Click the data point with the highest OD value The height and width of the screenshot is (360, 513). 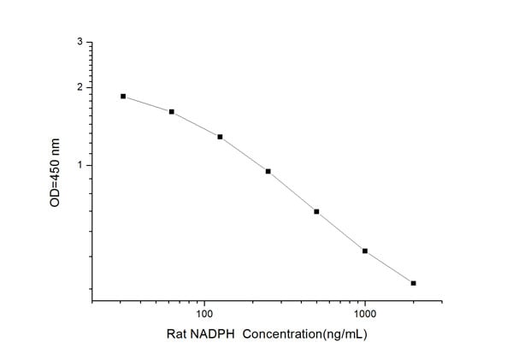click(x=123, y=97)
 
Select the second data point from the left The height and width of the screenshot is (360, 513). click(x=172, y=112)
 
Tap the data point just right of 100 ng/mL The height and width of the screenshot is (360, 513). click(x=220, y=137)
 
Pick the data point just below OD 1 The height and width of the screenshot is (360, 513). click(x=268, y=171)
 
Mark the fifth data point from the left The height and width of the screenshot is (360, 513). click(x=316, y=211)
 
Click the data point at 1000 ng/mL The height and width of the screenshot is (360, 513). click(x=365, y=251)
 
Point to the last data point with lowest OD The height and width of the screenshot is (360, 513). click(x=413, y=283)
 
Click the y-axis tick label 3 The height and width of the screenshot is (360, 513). click(x=80, y=42)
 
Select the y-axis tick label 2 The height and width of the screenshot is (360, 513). click(x=80, y=87)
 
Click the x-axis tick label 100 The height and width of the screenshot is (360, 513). click(x=203, y=314)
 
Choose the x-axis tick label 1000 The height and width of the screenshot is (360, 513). click(x=365, y=314)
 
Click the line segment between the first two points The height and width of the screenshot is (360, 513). click(x=147, y=104)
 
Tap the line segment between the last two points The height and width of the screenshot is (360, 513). click(x=389, y=267)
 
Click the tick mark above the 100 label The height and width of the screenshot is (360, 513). click(x=203, y=299)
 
